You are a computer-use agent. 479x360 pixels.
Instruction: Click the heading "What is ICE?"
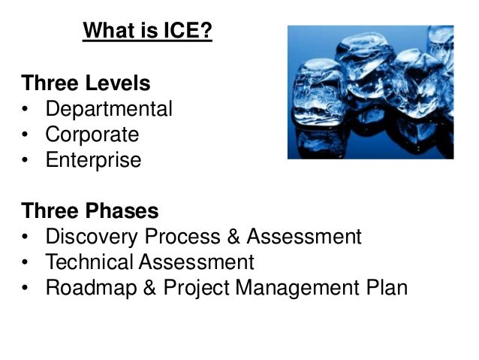tap(147, 32)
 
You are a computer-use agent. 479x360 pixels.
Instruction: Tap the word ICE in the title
tap(186, 32)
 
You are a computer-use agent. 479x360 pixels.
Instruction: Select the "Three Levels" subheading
tap(86, 83)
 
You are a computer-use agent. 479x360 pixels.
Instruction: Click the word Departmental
tap(109, 110)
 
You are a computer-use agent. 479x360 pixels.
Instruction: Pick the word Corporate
tap(92, 135)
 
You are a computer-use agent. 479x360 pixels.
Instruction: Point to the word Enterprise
tap(93, 161)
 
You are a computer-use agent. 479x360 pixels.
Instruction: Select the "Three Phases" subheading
tap(89, 211)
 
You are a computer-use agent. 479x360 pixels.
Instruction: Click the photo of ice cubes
tap(370, 92)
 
